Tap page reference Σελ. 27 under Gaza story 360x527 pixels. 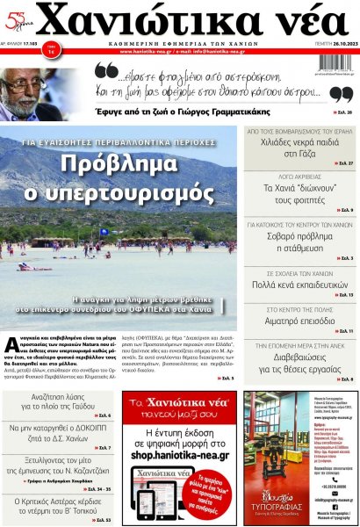tap(344, 163)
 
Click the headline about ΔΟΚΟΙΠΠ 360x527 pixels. tap(59, 433)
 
